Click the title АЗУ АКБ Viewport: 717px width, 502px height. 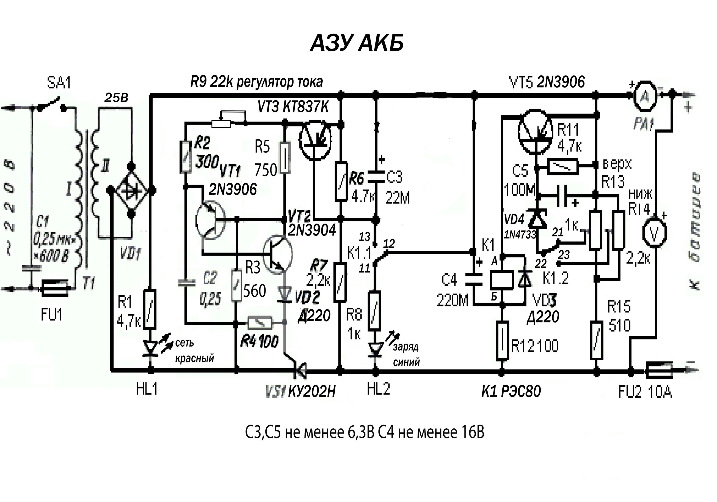click(357, 43)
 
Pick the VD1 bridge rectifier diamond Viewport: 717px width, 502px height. click(131, 190)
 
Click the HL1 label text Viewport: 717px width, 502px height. click(147, 389)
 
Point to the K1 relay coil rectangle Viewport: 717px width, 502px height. click(501, 280)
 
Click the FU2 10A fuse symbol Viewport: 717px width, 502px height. click(659, 371)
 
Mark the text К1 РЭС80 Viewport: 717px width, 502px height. click(511, 391)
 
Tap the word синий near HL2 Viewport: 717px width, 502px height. click(406, 362)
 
